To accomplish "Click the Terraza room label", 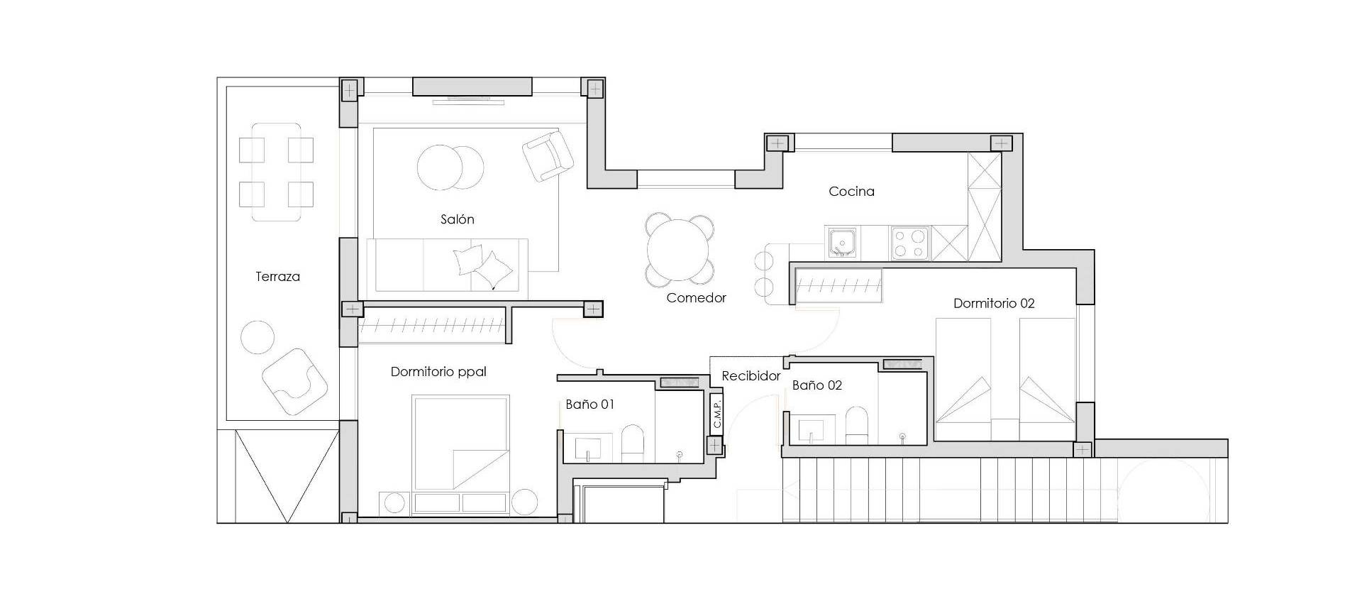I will click(277, 277).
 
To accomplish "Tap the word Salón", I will click(457, 220).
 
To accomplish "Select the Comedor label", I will click(696, 298).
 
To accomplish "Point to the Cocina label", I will click(851, 192).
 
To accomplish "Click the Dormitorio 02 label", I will click(993, 304).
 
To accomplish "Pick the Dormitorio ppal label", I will click(438, 372).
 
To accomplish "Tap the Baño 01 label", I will click(589, 405).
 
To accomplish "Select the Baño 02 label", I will click(816, 385).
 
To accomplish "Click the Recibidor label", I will click(751, 376).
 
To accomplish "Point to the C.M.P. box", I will click(716, 415).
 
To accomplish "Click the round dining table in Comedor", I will click(679, 250).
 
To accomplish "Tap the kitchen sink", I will click(842, 243).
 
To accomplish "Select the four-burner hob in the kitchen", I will click(910, 243).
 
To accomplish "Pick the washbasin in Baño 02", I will click(809, 430).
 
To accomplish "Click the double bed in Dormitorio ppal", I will click(461, 444).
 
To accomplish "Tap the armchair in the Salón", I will click(547, 156).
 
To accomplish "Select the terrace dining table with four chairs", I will click(277, 172).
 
